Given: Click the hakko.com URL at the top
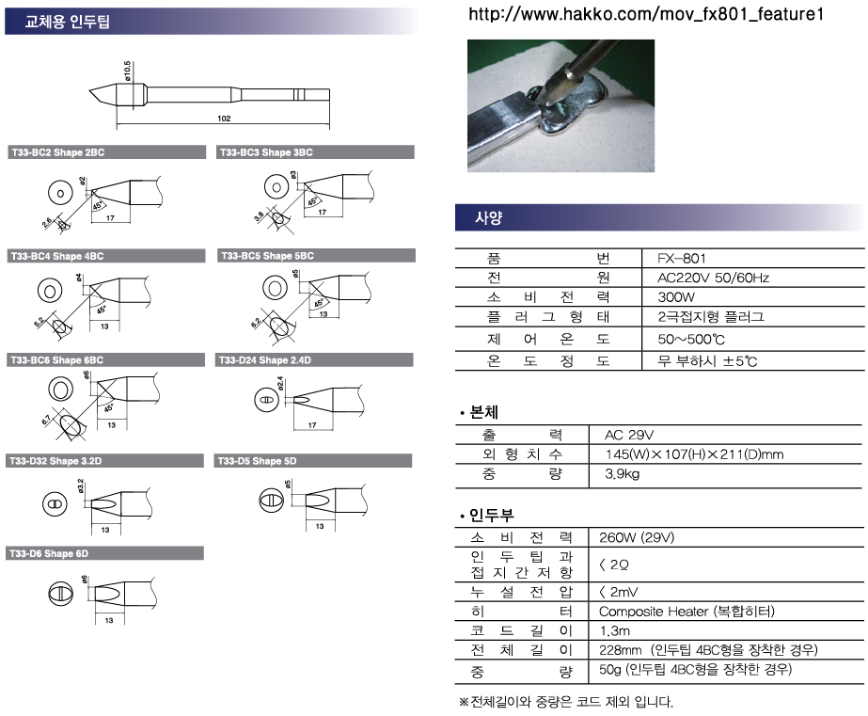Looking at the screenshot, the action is click(646, 14).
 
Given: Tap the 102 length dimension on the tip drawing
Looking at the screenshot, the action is click(224, 119).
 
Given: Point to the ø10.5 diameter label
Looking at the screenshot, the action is click(127, 72).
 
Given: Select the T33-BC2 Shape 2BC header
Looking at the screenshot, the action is click(58, 152).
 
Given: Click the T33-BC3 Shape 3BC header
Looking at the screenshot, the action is click(266, 152).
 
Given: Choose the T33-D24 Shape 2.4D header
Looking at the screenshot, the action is click(265, 360).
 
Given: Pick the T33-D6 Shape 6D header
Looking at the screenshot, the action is click(49, 553).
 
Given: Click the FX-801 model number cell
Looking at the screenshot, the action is click(682, 259).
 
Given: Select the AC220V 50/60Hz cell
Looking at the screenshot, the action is click(713, 278).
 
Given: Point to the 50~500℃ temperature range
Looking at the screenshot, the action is click(691, 339).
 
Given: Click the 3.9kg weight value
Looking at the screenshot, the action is click(623, 473).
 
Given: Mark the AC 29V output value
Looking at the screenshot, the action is click(629, 435).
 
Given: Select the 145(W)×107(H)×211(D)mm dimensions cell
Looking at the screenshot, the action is click(694, 454).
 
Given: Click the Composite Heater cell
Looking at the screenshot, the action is click(687, 612).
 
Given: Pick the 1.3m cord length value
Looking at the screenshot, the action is click(614, 630).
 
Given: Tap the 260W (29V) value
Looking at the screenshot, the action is click(637, 537).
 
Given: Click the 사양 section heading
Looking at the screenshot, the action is click(488, 217).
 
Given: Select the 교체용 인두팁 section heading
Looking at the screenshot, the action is click(68, 22).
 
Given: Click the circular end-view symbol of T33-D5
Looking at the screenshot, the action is click(271, 500).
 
